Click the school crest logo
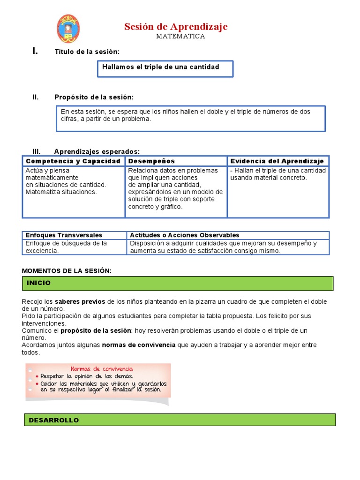[68, 29]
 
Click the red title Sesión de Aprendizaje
[176, 27]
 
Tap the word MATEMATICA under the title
[180, 37]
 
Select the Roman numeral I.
[35, 51]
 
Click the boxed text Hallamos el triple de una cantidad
[161, 67]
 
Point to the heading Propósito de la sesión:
[94, 97]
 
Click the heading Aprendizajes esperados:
[97, 151]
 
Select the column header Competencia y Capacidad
[73, 161]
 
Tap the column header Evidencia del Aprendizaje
[277, 161]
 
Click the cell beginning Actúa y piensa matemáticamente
[66, 181]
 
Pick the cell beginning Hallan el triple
[278, 174]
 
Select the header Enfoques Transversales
[64, 235]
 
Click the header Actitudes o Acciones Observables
[185, 235]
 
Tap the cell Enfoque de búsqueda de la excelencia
[66, 247]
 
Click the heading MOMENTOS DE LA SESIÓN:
[67, 271]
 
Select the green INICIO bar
[178, 283]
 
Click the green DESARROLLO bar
[180, 420]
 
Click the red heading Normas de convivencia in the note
[102, 369]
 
